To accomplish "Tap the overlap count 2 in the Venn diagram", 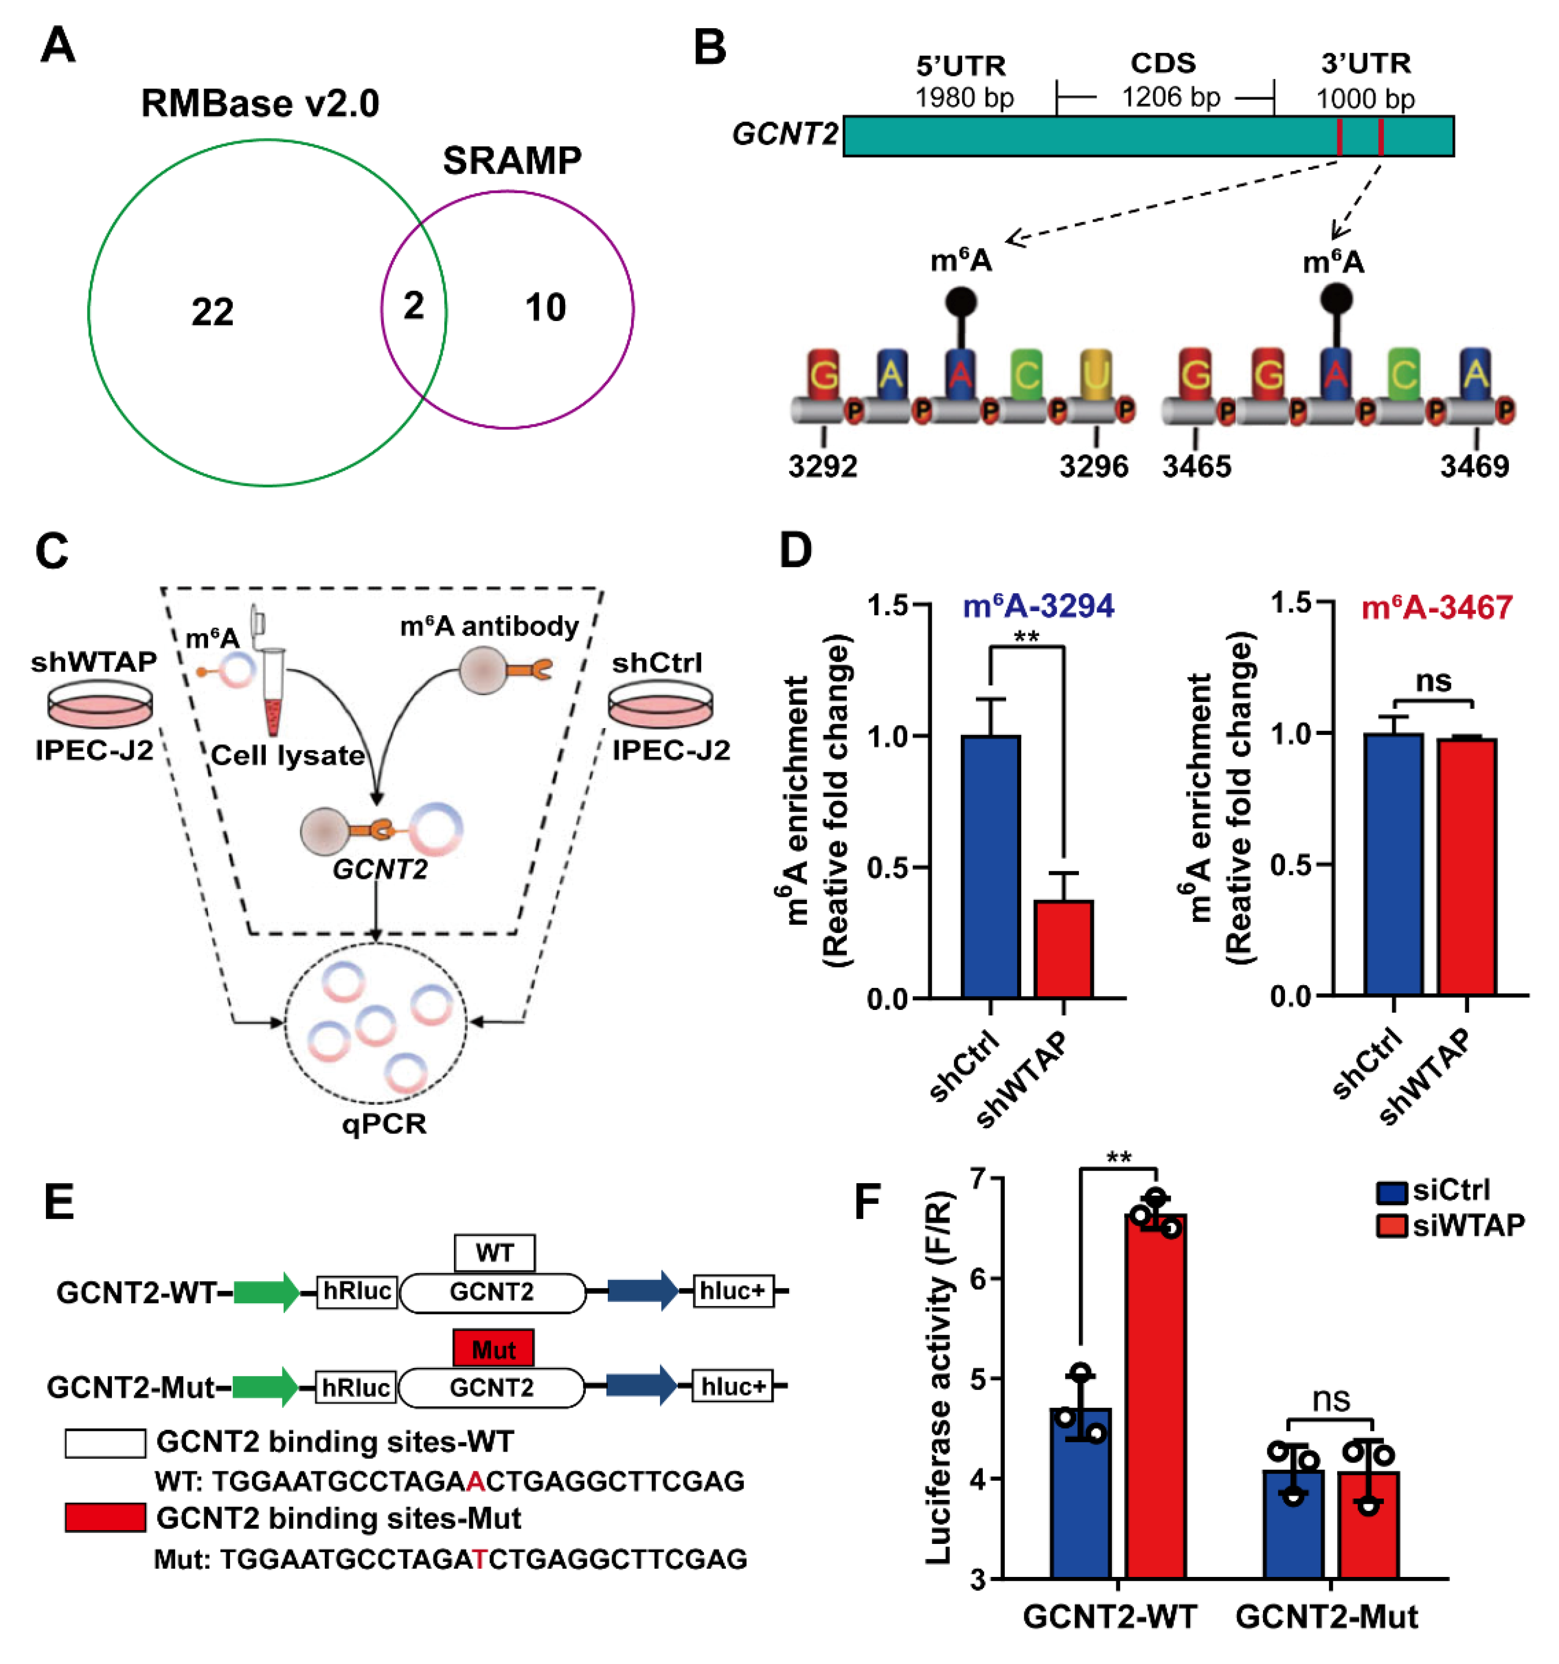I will tap(413, 306).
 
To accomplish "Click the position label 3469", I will tap(1474, 466).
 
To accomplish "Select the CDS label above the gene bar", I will tap(1163, 64).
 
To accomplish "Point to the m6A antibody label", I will tap(490, 626).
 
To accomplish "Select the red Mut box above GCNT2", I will tap(493, 1349).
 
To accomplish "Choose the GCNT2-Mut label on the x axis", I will tap(1327, 1616).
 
